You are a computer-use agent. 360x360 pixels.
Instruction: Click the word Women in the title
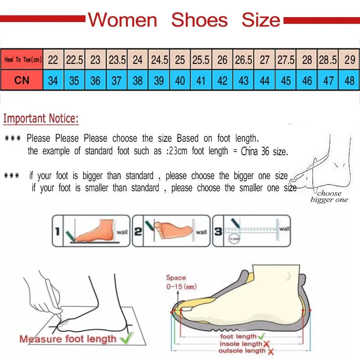pos(122,20)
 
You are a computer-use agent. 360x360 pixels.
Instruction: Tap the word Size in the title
pos(261,20)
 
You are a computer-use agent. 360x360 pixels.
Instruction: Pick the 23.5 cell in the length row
pos(117,59)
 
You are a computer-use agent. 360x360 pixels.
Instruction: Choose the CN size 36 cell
pos(95,81)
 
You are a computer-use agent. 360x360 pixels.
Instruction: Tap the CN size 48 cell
pos(349,81)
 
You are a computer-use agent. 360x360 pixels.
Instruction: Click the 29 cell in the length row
pos(349,59)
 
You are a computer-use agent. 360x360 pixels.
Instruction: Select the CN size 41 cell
pos(201,81)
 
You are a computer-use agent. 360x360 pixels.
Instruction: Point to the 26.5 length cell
pos(243,59)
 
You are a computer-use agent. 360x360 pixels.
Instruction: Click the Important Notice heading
pos(41,119)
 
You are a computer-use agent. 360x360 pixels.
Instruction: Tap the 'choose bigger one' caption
pos(329,197)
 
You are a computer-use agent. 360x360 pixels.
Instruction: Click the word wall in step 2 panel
pos(201,232)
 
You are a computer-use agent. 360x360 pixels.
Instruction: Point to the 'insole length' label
pos(241,344)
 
